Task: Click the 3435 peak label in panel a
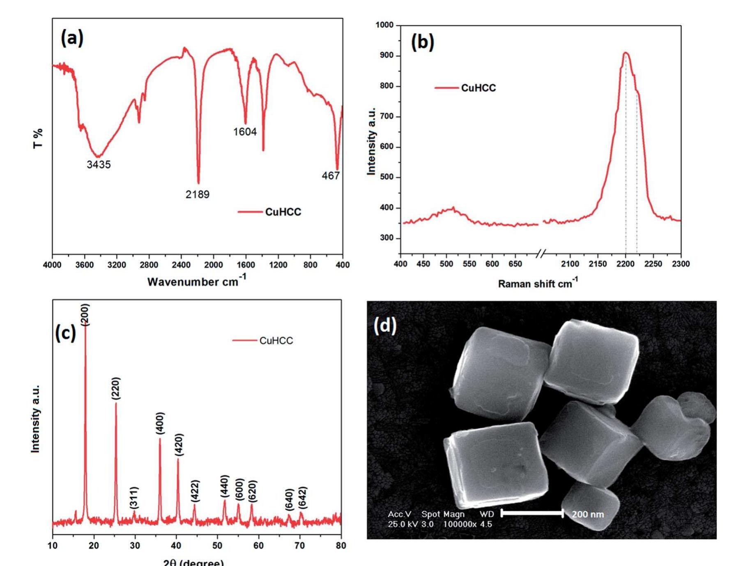tap(99, 164)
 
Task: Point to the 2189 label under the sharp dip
tap(197, 194)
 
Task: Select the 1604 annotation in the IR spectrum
tap(245, 132)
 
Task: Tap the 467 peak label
tap(331, 176)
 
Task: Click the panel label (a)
tap(72, 38)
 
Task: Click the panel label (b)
tap(423, 42)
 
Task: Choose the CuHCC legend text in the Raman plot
tap(478, 88)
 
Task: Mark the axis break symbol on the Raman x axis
tap(542, 254)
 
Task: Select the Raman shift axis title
tap(538, 283)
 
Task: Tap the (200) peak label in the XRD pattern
tap(85, 314)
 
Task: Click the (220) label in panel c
tap(116, 388)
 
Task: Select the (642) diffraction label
tap(303, 498)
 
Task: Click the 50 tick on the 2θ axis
tap(217, 545)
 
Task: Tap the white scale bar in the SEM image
tap(532, 513)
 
